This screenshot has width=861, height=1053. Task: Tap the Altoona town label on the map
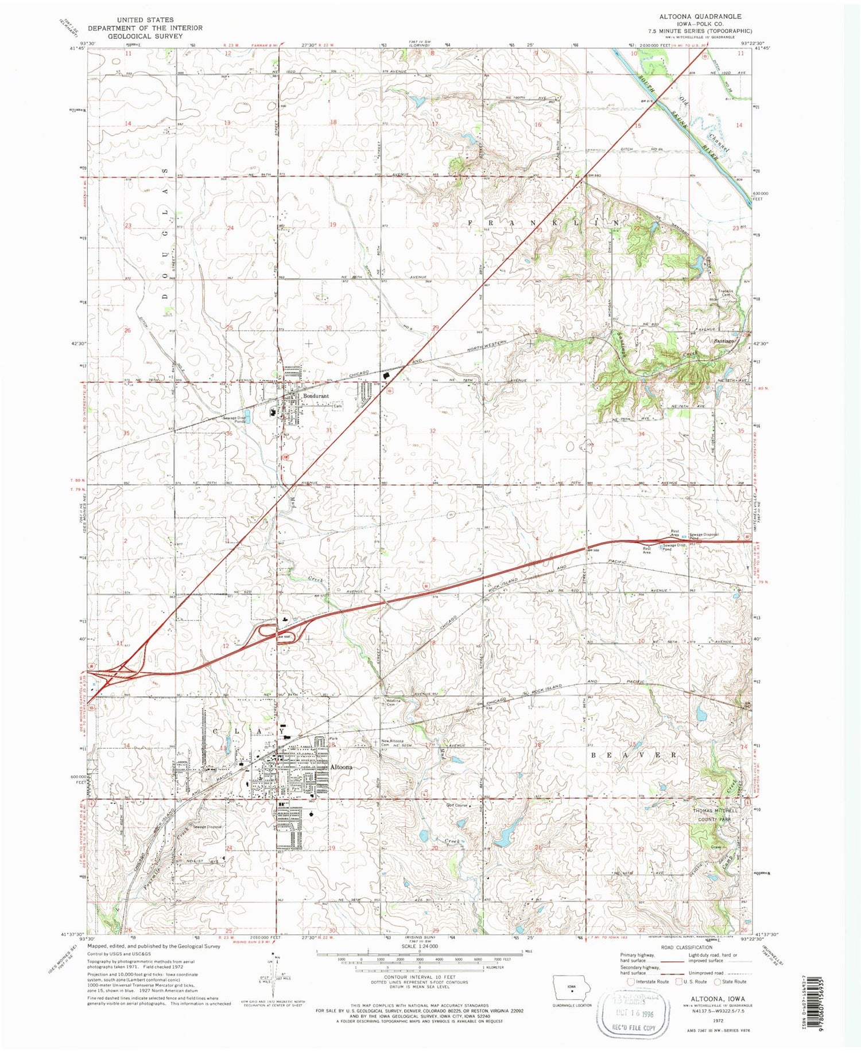[341, 767]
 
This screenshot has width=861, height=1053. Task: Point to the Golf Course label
[459, 805]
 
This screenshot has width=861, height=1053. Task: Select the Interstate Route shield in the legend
[631, 981]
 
